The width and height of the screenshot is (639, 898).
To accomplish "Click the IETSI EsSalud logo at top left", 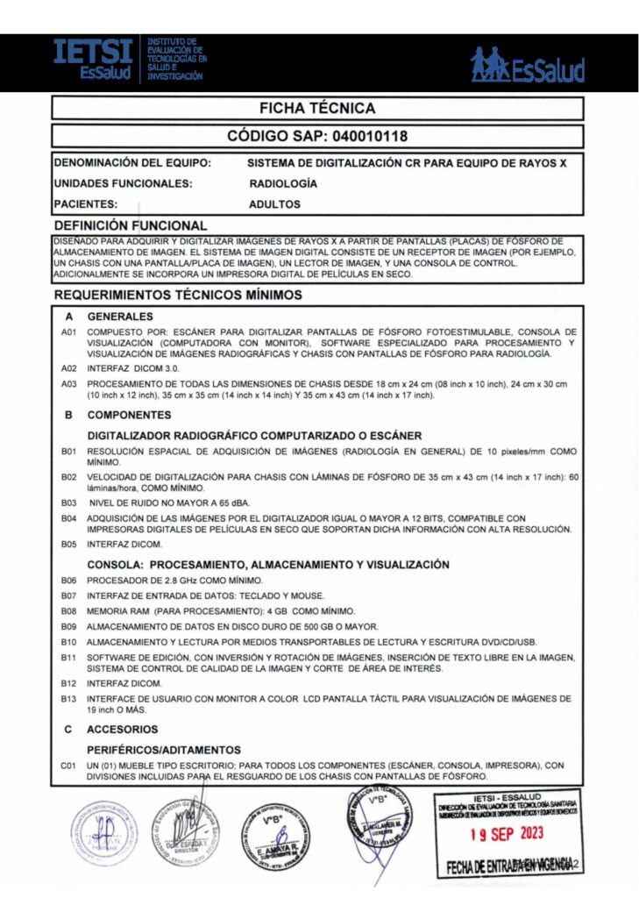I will tap(93, 60).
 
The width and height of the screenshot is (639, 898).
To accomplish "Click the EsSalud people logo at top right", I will tap(527, 65).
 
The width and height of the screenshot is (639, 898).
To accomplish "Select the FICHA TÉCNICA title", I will tap(317, 109).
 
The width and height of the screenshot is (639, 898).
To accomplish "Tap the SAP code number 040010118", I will tap(364, 137).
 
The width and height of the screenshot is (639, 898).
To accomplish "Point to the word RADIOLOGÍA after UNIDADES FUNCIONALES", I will tap(283, 184).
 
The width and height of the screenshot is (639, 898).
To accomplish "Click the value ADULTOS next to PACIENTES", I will tap(274, 204).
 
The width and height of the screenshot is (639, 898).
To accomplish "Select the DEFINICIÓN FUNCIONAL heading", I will tap(131, 225).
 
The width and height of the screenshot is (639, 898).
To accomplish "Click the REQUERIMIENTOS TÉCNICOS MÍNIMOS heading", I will tap(179, 296).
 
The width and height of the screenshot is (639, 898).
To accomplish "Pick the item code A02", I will tap(69, 369).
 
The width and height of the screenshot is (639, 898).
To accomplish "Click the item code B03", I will tap(69, 503).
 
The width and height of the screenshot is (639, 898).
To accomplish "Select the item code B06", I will tap(69, 581).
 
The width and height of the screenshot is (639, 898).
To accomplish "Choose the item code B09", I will tap(69, 626).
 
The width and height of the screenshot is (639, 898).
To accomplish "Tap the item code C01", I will tap(69, 766).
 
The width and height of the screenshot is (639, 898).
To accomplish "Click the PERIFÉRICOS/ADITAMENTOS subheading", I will tap(164, 750).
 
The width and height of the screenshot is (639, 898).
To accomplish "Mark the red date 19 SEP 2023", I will tap(505, 833).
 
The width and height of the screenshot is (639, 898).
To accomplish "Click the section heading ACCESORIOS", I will tap(123, 729).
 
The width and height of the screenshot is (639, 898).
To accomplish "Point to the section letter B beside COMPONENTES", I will tap(68, 415).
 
